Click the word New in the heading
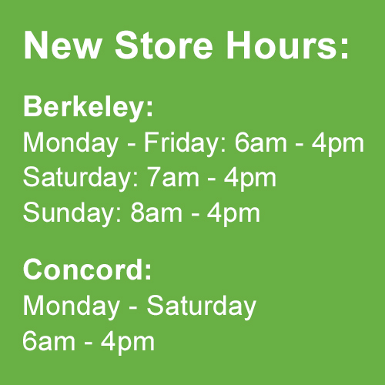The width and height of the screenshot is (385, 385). [x=62, y=45]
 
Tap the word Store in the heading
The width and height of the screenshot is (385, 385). [x=164, y=45]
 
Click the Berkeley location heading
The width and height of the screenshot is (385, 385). [x=88, y=108]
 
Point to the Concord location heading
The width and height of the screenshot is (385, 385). [x=88, y=269]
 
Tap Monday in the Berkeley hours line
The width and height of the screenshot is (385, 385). [x=71, y=144]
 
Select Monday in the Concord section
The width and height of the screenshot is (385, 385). [x=72, y=306]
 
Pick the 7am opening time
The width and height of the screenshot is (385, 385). [x=173, y=178]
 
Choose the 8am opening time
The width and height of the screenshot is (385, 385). [x=156, y=213]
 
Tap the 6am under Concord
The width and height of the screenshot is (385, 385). [x=49, y=341]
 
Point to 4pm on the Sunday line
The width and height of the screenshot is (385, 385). [x=233, y=214]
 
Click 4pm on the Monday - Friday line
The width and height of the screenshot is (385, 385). [x=338, y=144]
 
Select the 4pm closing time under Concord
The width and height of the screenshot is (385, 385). [x=128, y=343]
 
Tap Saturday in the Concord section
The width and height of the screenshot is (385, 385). [x=202, y=306]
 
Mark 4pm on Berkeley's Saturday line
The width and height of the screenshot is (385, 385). [x=250, y=179]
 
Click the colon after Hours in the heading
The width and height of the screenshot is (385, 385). [x=344, y=49]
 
